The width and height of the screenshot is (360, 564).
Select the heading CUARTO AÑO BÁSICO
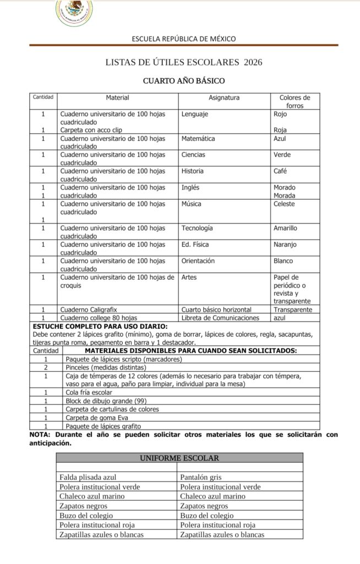184,81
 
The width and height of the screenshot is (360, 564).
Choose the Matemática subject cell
198,138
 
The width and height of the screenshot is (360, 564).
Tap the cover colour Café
280,171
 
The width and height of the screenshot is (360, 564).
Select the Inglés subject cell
190,187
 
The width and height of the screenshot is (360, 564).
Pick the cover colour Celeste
284,204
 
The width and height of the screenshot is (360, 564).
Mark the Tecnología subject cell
197,228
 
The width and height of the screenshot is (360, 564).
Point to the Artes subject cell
189,277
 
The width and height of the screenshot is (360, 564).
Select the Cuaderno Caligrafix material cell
89,310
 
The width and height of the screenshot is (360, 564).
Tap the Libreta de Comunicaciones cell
220,318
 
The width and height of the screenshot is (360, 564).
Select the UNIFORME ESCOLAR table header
179,458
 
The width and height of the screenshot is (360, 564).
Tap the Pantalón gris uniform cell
201,477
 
